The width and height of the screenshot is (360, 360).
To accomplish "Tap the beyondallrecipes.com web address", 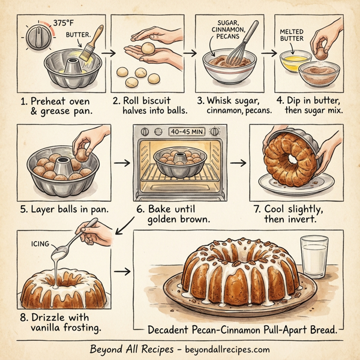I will tap(224, 349).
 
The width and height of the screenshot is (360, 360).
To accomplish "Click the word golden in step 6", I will tap(161, 220).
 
